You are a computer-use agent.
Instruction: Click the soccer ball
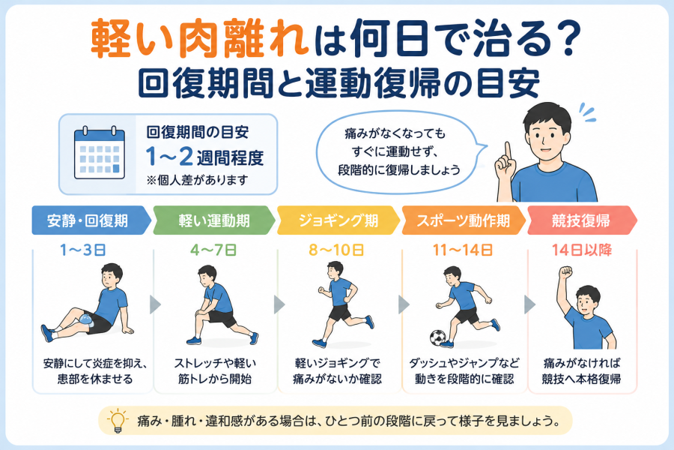437,338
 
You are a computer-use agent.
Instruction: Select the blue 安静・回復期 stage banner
91,220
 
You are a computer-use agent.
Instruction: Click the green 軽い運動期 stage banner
214,220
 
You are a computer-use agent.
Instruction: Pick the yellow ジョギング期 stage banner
338,220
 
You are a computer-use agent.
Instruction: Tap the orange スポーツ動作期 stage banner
464,220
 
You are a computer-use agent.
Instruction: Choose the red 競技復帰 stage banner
582,220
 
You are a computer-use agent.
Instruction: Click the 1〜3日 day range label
83,250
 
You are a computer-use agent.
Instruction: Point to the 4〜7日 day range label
213,250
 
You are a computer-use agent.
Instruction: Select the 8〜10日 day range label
336,250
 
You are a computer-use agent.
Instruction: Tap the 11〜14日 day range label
463,250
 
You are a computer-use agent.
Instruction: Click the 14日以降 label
582,250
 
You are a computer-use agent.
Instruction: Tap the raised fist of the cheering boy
565,272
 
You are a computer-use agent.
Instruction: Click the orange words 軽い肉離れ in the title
200,39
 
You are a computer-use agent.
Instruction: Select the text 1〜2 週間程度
204,157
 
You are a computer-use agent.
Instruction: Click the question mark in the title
568,38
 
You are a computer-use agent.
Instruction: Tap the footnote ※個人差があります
197,180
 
